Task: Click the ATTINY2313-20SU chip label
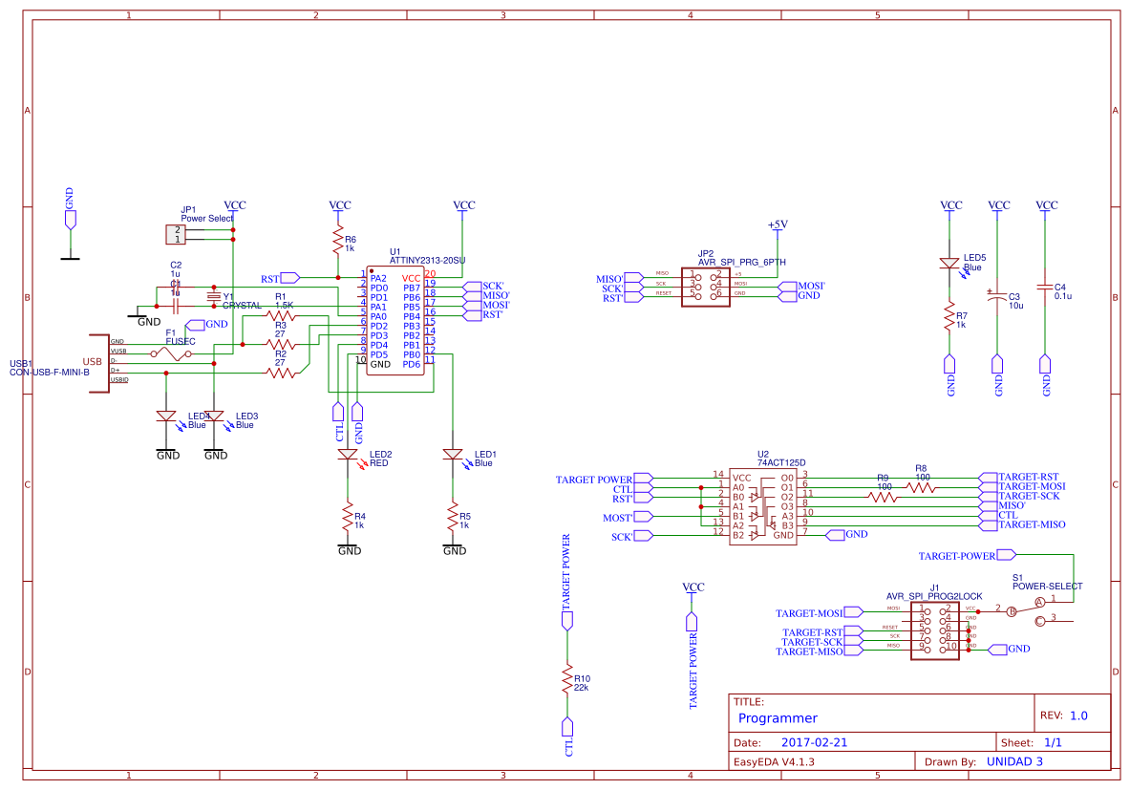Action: tap(427, 260)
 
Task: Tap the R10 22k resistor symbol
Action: tap(567, 679)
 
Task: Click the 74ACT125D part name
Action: tap(781, 462)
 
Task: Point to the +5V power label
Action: tap(778, 224)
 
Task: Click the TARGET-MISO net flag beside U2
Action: tap(1031, 524)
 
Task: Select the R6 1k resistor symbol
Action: tap(337, 240)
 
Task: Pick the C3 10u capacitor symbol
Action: tap(998, 297)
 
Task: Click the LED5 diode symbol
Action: tap(949, 264)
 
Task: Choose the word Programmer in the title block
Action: tap(778, 718)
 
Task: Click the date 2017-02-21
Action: tap(814, 742)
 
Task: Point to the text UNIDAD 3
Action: tap(1013, 762)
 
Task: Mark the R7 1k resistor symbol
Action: tap(949, 316)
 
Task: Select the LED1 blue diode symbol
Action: tap(453, 456)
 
